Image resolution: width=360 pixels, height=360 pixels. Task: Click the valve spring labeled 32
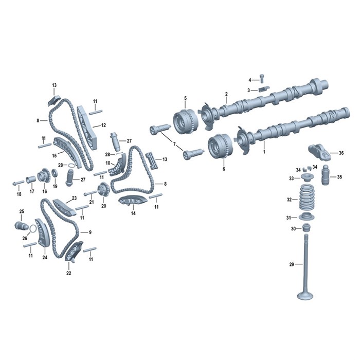(307, 198)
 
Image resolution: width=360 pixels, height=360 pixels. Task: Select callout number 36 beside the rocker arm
(341, 153)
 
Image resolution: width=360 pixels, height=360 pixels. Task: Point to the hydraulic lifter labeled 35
(326, 175)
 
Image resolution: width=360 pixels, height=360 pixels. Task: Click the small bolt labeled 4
(262, 79)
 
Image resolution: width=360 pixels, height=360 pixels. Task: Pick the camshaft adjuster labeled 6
(221, 146)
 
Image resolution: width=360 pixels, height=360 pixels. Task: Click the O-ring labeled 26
(32, 229)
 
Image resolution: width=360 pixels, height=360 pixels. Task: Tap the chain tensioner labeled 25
(22, 225)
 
